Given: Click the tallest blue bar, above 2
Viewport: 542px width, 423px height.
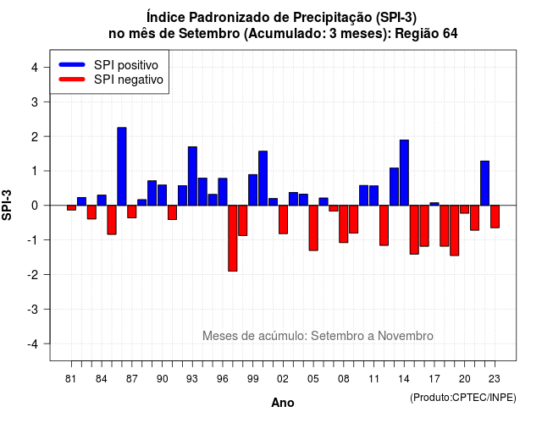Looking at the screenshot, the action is [x=122, y=167].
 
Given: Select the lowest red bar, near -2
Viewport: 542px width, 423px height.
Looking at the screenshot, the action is [x=233, y=239].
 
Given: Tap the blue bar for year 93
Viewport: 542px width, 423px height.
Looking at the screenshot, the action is [x=192, y=176].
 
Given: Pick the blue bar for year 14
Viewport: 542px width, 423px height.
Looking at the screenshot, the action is [x=404, y=173].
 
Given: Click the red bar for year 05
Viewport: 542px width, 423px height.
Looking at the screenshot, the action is [x=313, y=228].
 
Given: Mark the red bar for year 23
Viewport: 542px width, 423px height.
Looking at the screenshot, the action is [x=495, y=217].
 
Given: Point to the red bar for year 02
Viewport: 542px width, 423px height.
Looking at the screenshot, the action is [x=283, y=220].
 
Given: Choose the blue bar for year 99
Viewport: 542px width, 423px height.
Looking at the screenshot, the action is [x=252, y=190].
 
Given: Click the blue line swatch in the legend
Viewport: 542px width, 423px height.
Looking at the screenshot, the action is [x=72, y=64].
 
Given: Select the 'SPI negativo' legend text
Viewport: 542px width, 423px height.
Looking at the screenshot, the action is [x=129, y=80].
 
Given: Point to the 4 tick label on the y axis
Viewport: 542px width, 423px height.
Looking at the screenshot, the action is [x=35, y=68].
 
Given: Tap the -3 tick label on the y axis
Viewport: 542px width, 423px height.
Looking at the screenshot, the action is [x=33, y=310].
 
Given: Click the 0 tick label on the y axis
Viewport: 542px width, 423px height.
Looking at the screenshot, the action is [x=35, y=206].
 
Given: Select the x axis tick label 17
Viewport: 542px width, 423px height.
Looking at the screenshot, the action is [x=434, y=379].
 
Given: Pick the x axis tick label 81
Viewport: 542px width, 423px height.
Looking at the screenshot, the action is [x=71, y=379].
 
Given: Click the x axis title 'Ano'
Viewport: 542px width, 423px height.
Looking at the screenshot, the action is [x=283, y=403].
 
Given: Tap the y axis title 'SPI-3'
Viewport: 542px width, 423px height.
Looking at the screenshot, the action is [x=7, y=205].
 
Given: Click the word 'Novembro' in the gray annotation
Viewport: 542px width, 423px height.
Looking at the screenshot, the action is [x=405, y=336].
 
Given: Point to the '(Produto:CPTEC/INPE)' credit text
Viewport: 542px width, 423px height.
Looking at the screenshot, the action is [x=463, y=398].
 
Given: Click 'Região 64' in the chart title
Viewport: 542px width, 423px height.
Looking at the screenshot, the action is [x=426, y=34].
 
